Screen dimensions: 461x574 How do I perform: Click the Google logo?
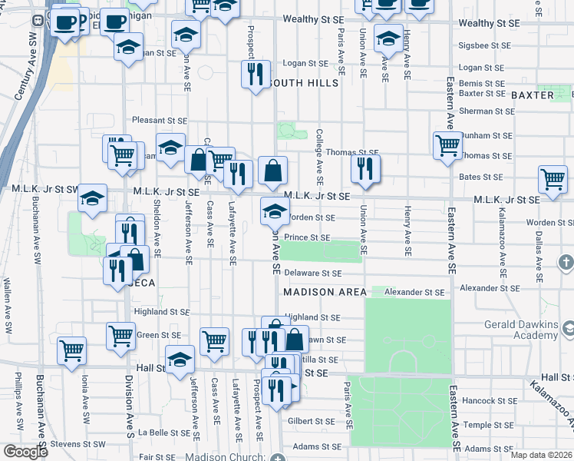pyautogui.click(x=25, y=452)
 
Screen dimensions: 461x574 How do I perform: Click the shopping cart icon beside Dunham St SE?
pyautogui.click(x=447, y=144)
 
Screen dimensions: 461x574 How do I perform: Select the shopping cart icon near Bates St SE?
pyautogui.click(x=553, y=178)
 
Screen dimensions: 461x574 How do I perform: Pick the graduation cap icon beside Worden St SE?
pyautogui.click(x=275, y=211)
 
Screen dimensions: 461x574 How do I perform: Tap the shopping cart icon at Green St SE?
pyautogui.click(x=120, y=336)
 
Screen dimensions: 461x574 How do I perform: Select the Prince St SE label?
pyautogui.click(x=308, y=238)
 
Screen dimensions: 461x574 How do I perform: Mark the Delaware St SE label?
pyautogui.click(x=312, y=273)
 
